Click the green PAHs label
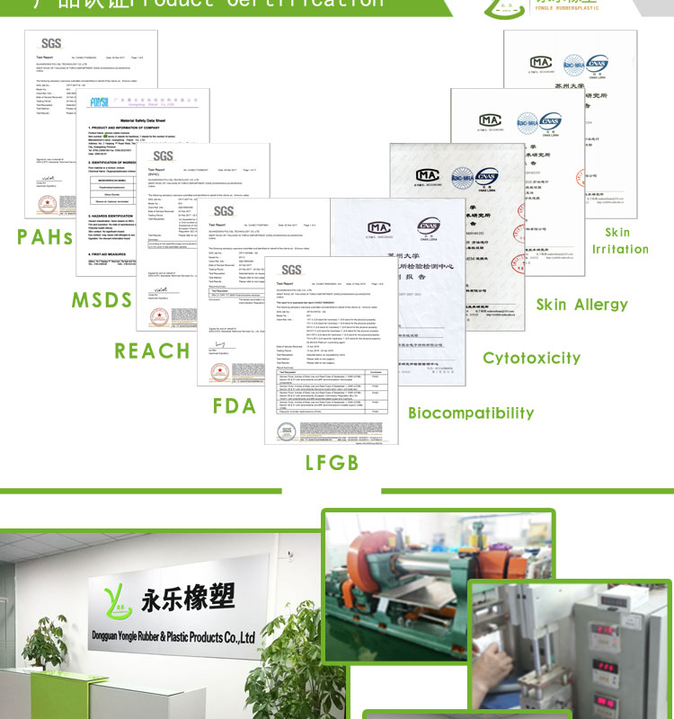tap(44, 237)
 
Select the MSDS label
tap(102, 299)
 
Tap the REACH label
tap(152, 350)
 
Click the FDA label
tap(235, 405)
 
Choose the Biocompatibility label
tap(471, 413)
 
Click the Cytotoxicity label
tap(532, 358)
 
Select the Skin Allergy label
tap(582, 305)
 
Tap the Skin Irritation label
tap(619, 241)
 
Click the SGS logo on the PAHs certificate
tap(51, 44)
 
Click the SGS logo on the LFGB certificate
tap(291, 270)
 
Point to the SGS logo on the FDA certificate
tap(223, 211)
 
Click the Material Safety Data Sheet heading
tap(143, 120)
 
